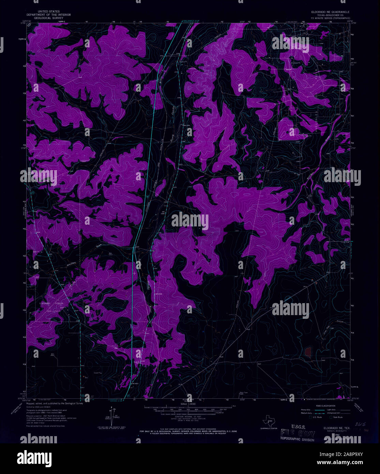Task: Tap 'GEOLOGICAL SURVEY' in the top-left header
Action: pos(49,18)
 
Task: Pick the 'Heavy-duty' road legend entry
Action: pos(305,410)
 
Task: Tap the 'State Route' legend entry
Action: pos(337,417)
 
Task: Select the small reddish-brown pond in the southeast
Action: pos(308,352)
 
